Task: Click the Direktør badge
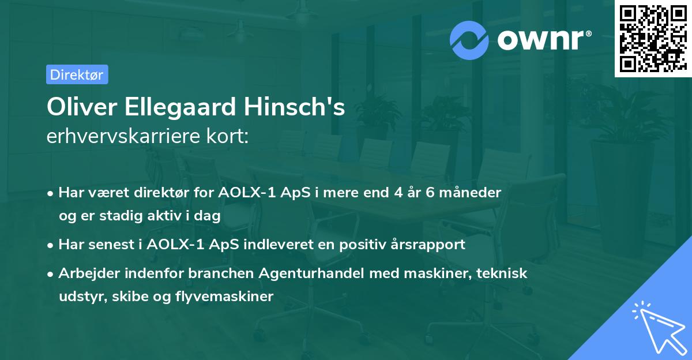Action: click(x=77, y=74)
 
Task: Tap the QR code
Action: click(x=653, y=39)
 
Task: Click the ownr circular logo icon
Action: click(x=469, y=40)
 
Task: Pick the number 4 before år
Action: click(x=398, y=192)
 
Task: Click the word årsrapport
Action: click(x=429, y=244)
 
